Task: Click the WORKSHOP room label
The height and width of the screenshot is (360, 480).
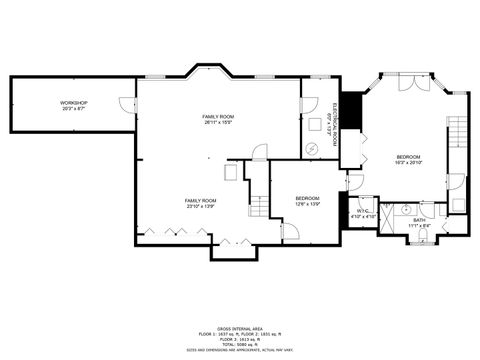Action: pyautogui.click(x=73, y=104)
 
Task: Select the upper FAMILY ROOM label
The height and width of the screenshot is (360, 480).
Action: pyautogui.click(x=218, y=118)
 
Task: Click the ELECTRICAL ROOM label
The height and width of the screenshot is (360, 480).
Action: pyautogui.click(x=334, y=126)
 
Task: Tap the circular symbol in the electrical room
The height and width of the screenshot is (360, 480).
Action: pyautogui.click(x=312, y=148)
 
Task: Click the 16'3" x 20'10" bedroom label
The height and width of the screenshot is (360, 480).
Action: pyautogui.click(x=408, y=161)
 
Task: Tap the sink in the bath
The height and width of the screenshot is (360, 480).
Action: pyautogui.click(x=407, y=209)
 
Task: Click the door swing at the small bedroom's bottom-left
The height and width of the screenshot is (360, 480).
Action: pyautogui.click(x=290, y=232)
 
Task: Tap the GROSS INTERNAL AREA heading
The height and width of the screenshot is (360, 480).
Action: pyautogui.click(x=240, y=326)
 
